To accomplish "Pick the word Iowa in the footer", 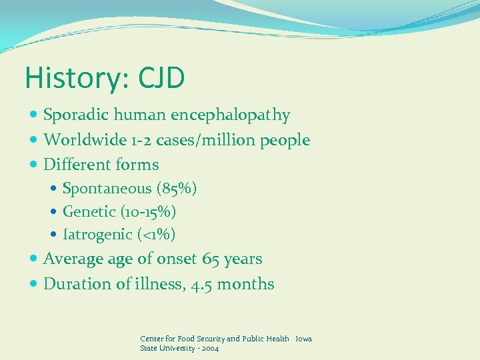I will [x=303, y=339].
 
